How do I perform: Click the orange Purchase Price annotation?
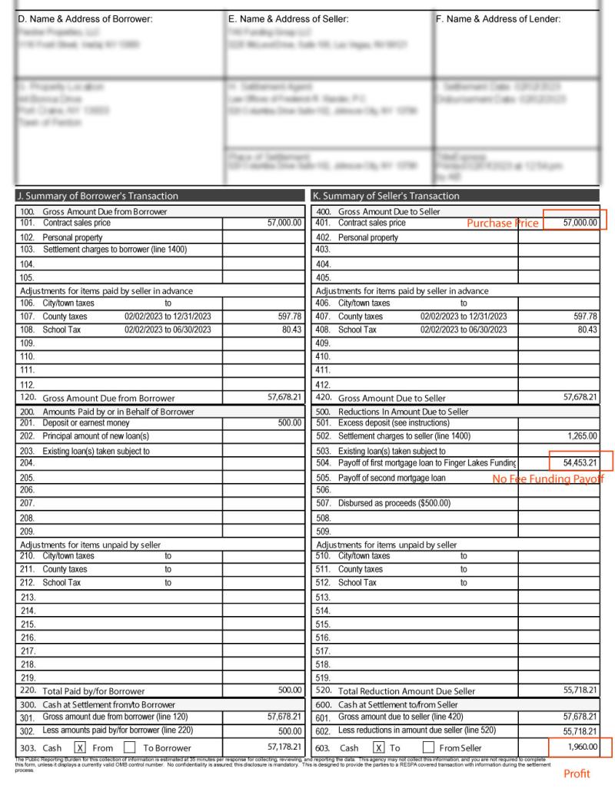(503, 224)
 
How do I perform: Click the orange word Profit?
(577, 774)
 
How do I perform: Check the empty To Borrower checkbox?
(129, 747)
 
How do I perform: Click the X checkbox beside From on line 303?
(79, 747)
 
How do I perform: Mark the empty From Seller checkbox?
(430, 747)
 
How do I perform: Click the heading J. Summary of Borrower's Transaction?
(98, 196)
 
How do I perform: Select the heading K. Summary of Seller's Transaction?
(391, 196)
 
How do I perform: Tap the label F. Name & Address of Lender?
(498, 19)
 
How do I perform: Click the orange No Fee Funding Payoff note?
(547, 479)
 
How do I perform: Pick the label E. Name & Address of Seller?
(288, 19)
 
